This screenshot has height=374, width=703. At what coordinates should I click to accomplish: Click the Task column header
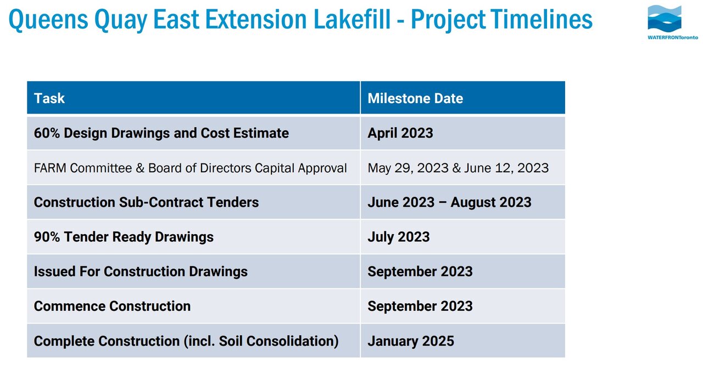tap(49, 98)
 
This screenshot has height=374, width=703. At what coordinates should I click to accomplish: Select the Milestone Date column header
tap(415, 98)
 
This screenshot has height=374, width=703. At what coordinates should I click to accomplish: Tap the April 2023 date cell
tap(400, 133)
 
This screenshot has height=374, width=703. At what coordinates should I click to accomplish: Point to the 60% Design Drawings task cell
tap(161, 133)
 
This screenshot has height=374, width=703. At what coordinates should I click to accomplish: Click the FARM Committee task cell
tap(190, 167)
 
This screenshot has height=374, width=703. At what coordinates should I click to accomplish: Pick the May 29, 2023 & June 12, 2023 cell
tap(458, 167)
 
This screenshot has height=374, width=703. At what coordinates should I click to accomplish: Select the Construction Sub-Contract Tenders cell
tap(146, 202)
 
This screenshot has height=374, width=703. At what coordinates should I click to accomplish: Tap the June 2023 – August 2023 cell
tap(449, 202)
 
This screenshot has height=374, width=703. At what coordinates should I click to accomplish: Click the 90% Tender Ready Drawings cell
tap(124, 236)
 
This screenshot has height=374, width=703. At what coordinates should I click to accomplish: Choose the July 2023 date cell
tap(399, 236)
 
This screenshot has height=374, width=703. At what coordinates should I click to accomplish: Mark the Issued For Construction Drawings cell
tap(141, 271)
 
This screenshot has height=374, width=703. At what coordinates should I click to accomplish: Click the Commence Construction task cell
tap(112, 305)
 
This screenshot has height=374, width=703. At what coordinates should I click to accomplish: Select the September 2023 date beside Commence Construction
tap(420, 305)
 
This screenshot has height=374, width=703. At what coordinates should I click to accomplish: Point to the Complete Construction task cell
tap(186, 341)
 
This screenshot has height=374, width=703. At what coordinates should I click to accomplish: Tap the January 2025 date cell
tap(411, 341)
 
